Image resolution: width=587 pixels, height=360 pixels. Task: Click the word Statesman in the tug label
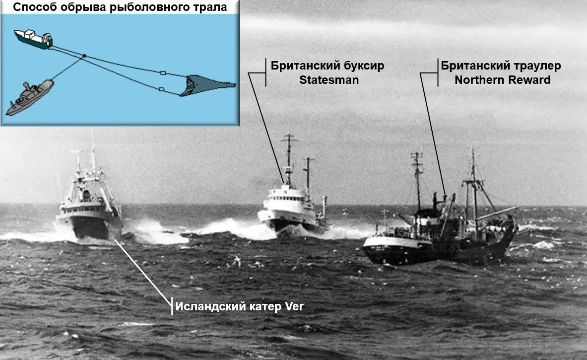click(328, 79)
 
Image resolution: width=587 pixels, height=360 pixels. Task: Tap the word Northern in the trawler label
click(476, 79)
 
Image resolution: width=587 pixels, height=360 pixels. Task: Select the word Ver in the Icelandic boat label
click(293, 306)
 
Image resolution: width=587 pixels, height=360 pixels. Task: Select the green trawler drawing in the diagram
click(33, 39)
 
